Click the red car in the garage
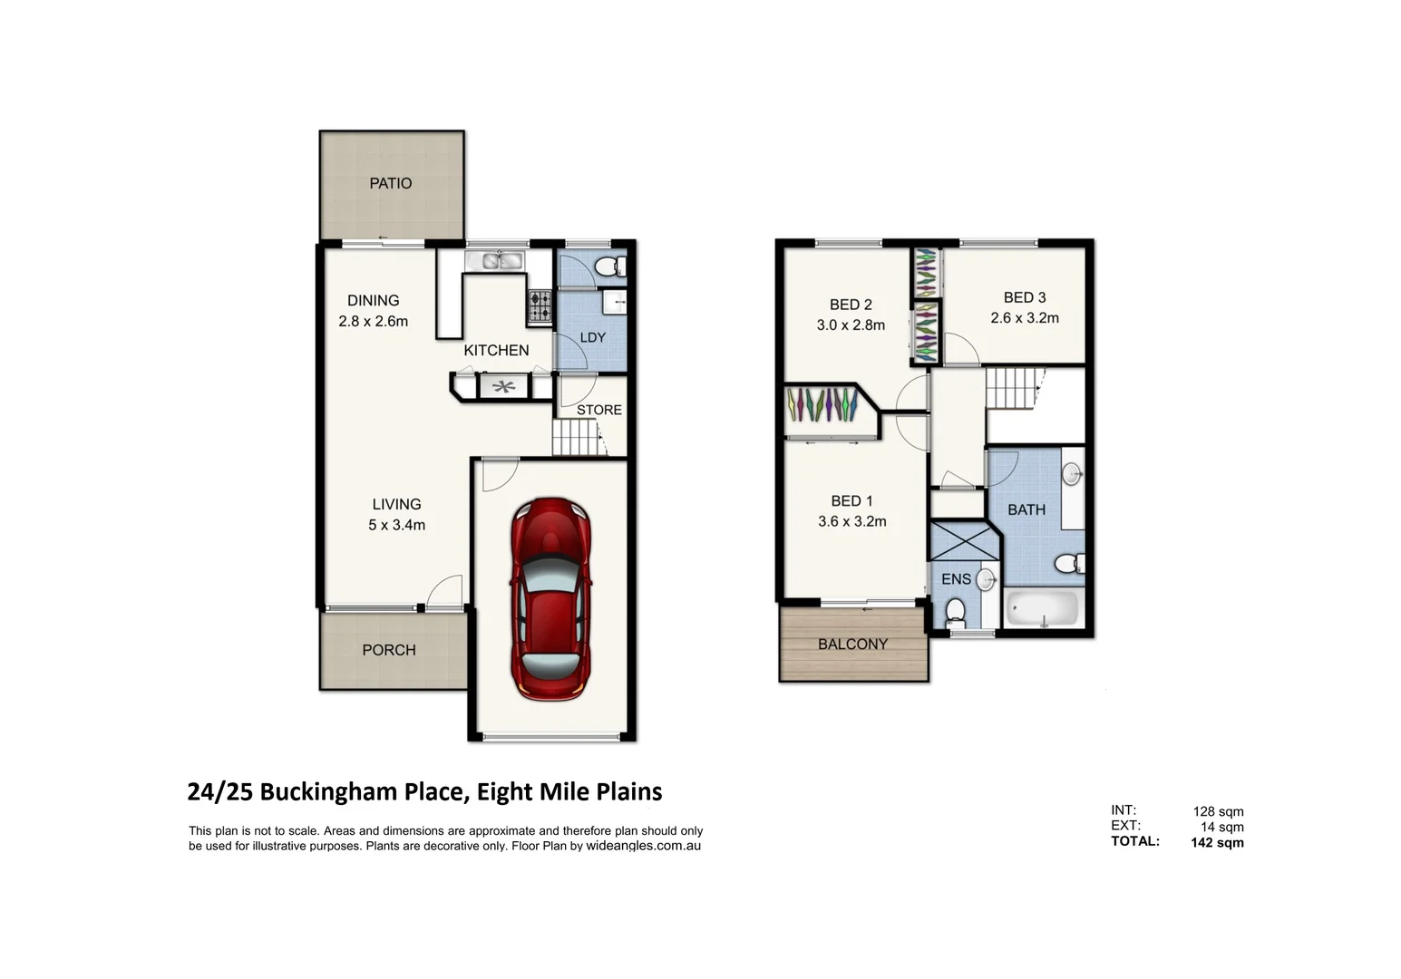[550, 598]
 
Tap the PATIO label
[391, 183]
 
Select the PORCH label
[389, 650]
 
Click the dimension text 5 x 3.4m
[396, 525]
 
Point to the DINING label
[373, 300]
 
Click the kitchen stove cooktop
[540, 306]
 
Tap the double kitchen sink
[495, 261]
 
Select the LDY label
[592, 337]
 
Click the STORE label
[599, 410]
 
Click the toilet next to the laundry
[608, 267]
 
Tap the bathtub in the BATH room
[1042, 609]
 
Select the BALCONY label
[852, 645]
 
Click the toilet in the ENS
[955, 613]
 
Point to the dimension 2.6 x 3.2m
[1025, 318]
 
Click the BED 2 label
[851, 305]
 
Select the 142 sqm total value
[1217, 842]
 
